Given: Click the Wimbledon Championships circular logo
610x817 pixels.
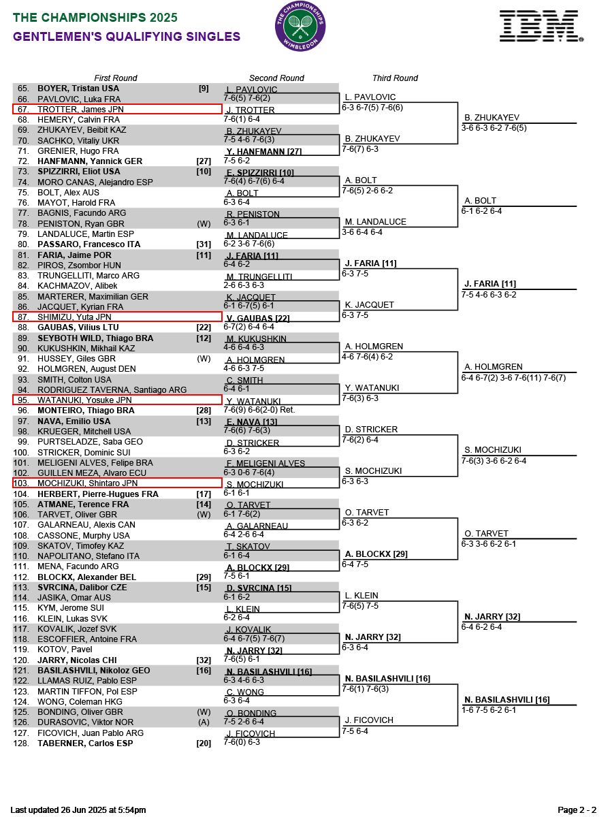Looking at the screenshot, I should coord(300,27).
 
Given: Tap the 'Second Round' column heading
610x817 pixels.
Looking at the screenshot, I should coord(276,78).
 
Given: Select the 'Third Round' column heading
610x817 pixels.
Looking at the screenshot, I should coord(395,78).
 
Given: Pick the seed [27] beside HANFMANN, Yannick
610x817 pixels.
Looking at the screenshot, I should coord(204,161).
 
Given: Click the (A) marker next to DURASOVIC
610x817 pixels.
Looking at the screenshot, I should coord(204,722).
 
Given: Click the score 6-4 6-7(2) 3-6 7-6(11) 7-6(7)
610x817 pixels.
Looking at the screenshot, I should coord(513,377).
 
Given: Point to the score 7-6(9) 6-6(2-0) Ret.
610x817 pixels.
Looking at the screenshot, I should coord(259,410).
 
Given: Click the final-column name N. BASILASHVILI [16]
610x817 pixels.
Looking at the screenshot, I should coord(507,700).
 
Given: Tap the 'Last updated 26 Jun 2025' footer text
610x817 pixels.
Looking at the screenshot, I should coord(78,810).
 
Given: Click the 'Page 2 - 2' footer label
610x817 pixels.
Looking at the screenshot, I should coord(577,810).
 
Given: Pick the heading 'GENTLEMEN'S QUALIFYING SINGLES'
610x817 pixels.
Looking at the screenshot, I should coord(127,37).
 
